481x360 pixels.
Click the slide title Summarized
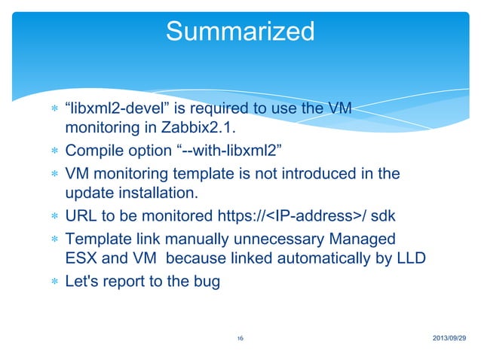pos(239,32)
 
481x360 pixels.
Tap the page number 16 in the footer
pos(239,340)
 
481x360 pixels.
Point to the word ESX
pos(81,259)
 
